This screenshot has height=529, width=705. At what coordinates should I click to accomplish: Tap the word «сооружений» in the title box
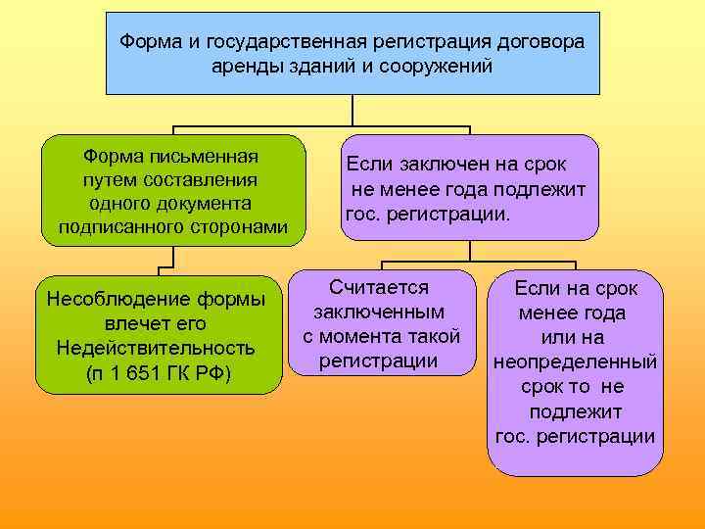pos(441,67)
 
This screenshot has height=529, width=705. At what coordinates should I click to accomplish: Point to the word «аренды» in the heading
pos(243,67)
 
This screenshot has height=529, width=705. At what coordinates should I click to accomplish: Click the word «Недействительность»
pos(156,348)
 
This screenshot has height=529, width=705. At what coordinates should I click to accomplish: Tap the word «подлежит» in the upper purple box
pos(543,189)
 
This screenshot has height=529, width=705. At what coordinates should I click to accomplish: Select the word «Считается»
pos(380,287)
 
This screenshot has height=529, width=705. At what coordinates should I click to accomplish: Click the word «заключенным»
pos(379,312)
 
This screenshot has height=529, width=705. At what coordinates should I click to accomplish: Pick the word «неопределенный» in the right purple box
pos(575,362)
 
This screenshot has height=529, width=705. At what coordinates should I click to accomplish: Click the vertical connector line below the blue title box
pos(352,112)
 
